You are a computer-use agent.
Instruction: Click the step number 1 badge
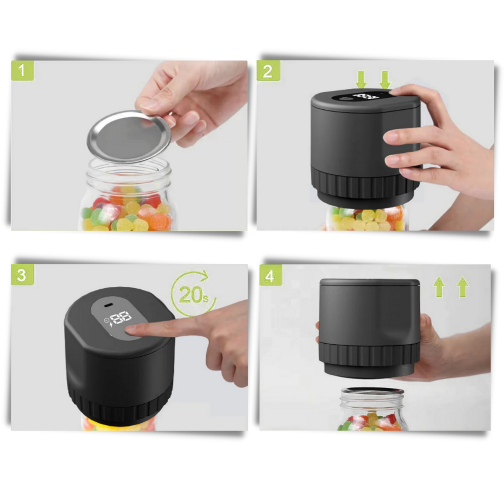pyautogui.click(x=22, y=71)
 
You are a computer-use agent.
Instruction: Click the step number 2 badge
pyautogui.click(x=268, y=71)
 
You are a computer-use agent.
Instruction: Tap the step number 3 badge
pyautogui.click(x=22, y=275)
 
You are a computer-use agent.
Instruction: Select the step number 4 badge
pyautogui.click(x=271, y=276)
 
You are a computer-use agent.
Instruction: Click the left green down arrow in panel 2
pyautogui.click(x=361, y=80)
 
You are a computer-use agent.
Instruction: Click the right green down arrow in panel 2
pyautogui.click(x=385, y=80)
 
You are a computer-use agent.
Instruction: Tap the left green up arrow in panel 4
pyautogui.click(x=439, y=287)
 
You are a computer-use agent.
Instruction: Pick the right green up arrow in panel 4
pyautogui.click(x=462, y=287)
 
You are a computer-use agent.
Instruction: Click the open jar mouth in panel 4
pyautogui.click(x=372, y=391)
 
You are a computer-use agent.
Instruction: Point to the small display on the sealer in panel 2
pyautogui.click(x=364, y=96)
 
